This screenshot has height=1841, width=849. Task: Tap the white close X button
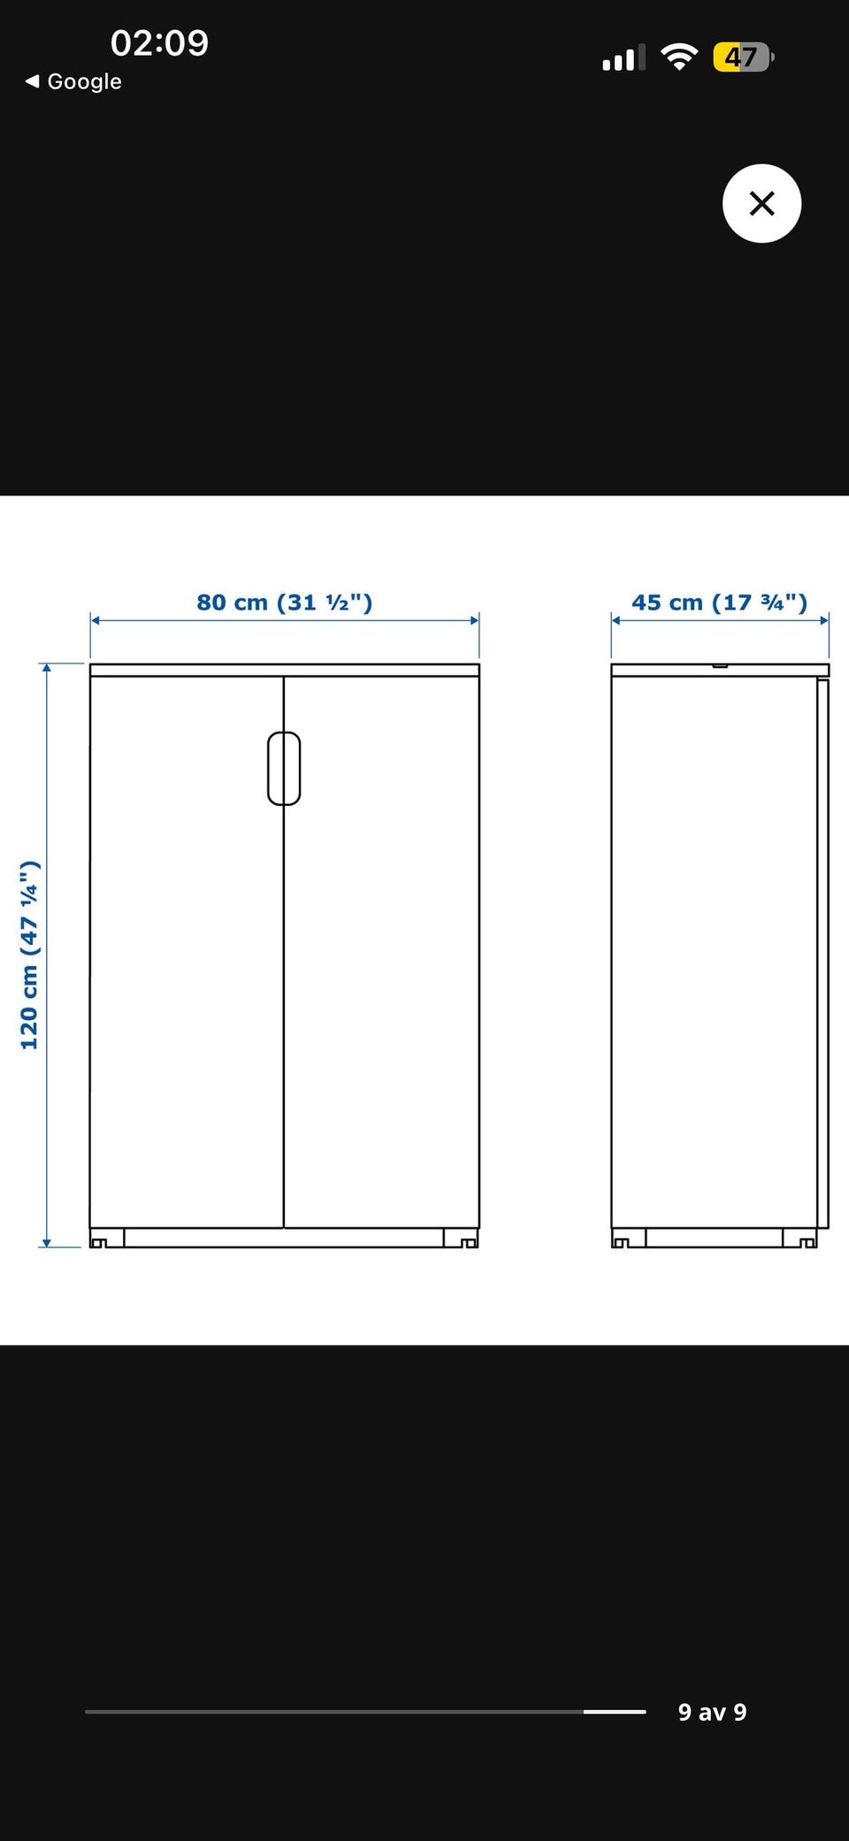761,203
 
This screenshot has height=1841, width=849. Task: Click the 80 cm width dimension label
284,602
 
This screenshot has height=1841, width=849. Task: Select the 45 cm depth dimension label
719,602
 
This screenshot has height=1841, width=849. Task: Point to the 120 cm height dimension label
30,955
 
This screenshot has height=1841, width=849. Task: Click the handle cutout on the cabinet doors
284,768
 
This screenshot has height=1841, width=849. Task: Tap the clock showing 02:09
159,42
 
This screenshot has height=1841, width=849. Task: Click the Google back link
73,81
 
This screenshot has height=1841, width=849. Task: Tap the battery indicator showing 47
744,58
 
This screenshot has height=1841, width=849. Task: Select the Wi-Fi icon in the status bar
679,58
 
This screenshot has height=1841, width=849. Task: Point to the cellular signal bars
623,58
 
